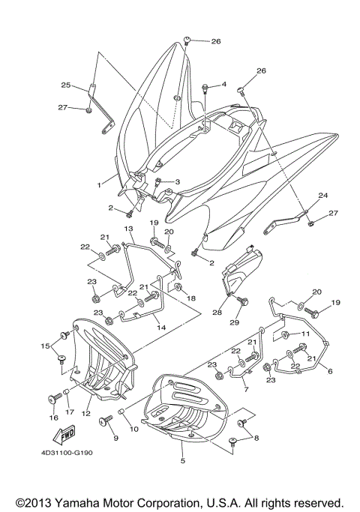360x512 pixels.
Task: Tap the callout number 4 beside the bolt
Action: [223, 85]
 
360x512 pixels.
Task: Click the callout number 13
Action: [128, 228]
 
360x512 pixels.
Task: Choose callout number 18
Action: [190, 298]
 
